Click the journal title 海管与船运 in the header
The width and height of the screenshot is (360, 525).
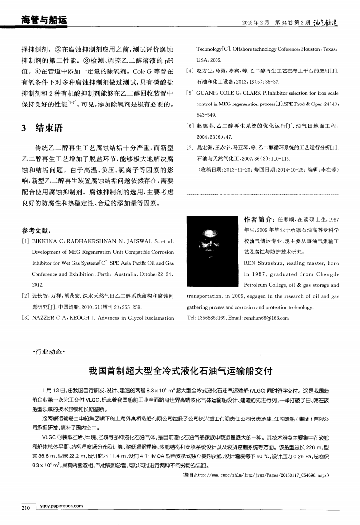tap(43, 20)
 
